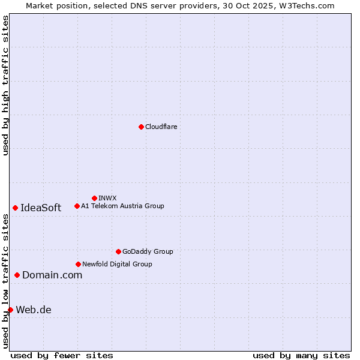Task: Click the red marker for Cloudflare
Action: (x=141, y=127)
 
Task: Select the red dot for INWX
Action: (x=94, y=198)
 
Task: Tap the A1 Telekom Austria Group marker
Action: (x=77, y=206)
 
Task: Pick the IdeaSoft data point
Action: (x=15, y=208)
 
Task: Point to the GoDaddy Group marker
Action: (x=118, y=251)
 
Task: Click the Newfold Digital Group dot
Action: (x=78, y=264)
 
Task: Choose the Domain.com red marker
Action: (x=17, y=275)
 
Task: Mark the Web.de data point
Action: (x=10, y=310)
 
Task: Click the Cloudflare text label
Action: (x=161, y=127)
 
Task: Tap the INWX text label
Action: (x=107, y=198)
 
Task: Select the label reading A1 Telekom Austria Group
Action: (x=122, y=206)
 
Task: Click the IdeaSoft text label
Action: (x=41, y=208)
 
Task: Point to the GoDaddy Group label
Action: (x=148, y=251)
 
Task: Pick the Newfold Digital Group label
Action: (x=117, y=264)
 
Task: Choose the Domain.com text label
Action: (x=52, y=275)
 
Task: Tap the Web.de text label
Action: (x=34, y=310)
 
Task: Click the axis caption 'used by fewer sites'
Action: (x=62, y=355)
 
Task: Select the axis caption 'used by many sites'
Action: (x=301, y=355)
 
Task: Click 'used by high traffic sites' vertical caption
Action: (x=5, y=85)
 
